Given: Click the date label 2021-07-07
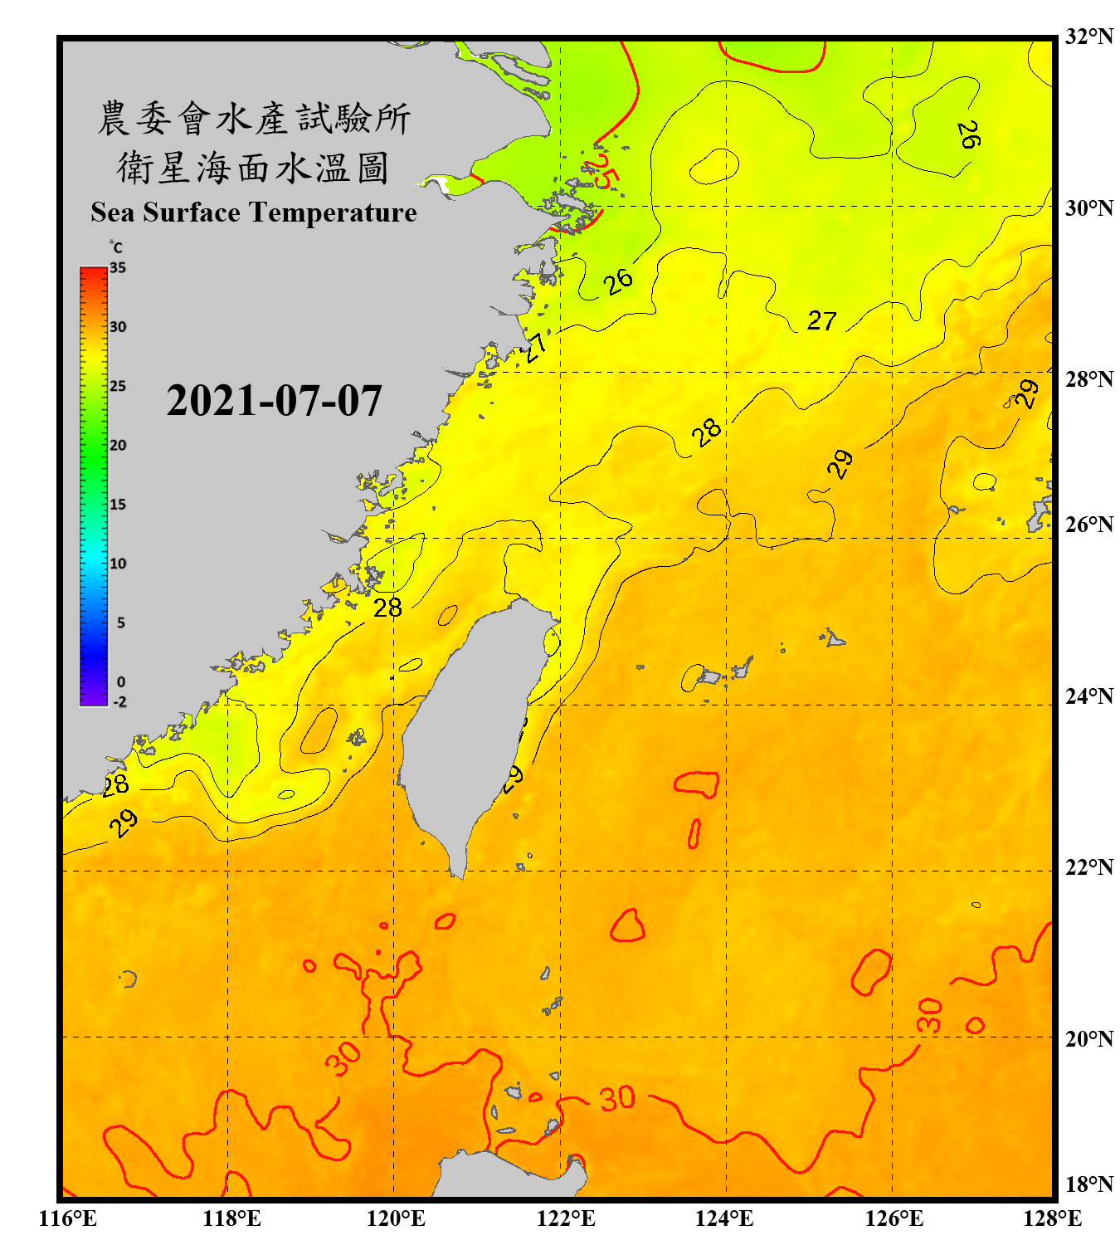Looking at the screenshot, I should point(274,401).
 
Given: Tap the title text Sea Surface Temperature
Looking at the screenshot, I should point(254,212).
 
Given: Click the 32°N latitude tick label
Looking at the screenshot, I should point(1089,37).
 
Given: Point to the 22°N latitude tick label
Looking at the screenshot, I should point(1089,867).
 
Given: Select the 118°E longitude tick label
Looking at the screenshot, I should point(231,1218).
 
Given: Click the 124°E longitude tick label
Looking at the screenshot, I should point(724,1218).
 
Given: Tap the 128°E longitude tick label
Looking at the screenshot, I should point(1052,1218).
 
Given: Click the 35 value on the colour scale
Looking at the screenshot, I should point(118,268).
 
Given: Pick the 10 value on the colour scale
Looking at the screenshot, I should point(118,564).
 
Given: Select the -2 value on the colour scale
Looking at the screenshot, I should point(119,702).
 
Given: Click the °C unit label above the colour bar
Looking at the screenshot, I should point(116,247).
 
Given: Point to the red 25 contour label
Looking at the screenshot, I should point(604,171).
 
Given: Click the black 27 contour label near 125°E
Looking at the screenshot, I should point(821,320).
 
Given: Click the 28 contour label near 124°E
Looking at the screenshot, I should point(707,432).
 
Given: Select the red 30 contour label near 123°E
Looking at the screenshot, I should point(617,1099).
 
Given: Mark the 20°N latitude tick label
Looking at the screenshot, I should point(1089,1038).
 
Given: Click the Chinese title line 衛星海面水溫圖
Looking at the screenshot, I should point(253,168).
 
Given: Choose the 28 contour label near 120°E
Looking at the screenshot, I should point(387,608).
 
